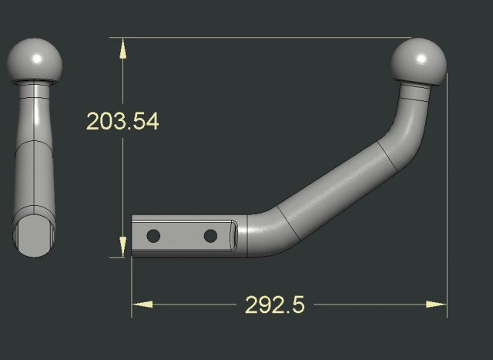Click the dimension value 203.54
point(122,121)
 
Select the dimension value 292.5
point(275,304)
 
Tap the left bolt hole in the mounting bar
point(153,234)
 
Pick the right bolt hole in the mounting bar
point(209,234)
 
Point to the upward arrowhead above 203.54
point(122,48)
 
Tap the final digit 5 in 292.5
point(297,304)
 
